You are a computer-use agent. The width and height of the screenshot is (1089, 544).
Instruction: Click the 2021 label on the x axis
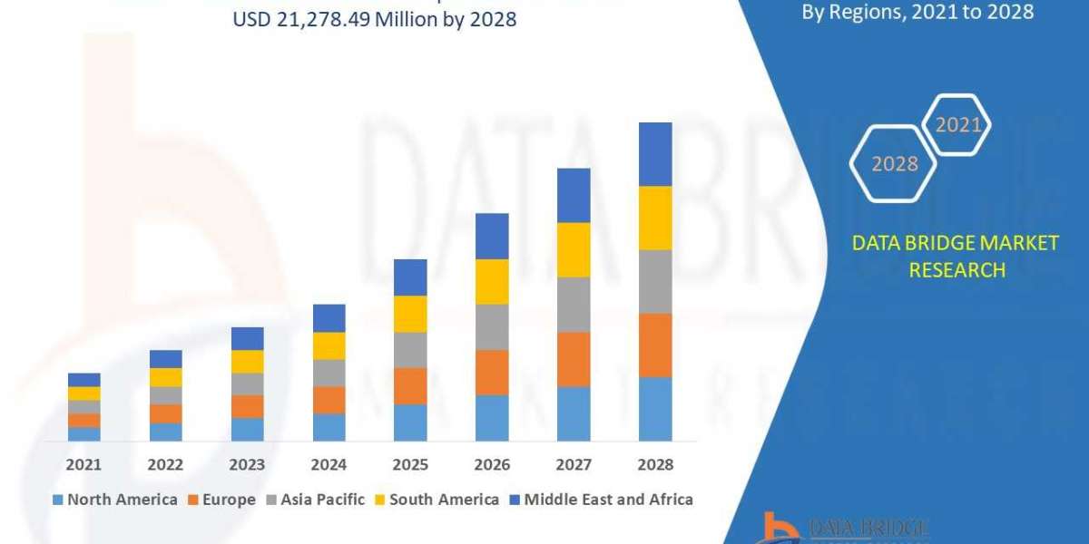(x=83, y=464)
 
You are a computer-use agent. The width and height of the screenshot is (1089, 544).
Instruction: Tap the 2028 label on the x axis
(x=655, y=464)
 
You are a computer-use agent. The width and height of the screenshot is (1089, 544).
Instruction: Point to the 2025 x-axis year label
(x=410, y=464)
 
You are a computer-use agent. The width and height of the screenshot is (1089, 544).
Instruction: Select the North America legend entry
(x=115, y=500)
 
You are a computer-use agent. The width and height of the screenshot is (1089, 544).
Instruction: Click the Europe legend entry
(x=223, y=500)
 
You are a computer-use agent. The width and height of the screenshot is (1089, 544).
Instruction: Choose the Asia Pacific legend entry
(x=315, y=500)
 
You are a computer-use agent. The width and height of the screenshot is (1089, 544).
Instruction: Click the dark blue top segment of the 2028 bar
(x=655, y=154)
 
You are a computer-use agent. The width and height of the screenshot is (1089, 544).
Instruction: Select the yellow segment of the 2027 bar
(x=574, y=249)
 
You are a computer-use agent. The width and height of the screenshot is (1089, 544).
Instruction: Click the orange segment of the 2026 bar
(x=492, y=372)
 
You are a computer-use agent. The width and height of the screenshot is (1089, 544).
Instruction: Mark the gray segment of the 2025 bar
(x=410, y=349)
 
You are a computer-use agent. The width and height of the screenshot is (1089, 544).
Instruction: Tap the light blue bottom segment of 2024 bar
(x=329, y=427)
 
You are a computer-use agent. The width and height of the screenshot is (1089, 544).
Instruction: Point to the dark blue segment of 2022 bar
(x=165, y=358)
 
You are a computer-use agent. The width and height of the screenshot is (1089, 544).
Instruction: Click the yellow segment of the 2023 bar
(x=247, y=361)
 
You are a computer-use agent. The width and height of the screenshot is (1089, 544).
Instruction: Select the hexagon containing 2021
(x=957, y=125)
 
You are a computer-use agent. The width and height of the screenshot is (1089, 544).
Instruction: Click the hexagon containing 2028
(x=893, y=164)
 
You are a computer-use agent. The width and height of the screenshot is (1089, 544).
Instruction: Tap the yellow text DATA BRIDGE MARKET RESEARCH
(x=956, y=256)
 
